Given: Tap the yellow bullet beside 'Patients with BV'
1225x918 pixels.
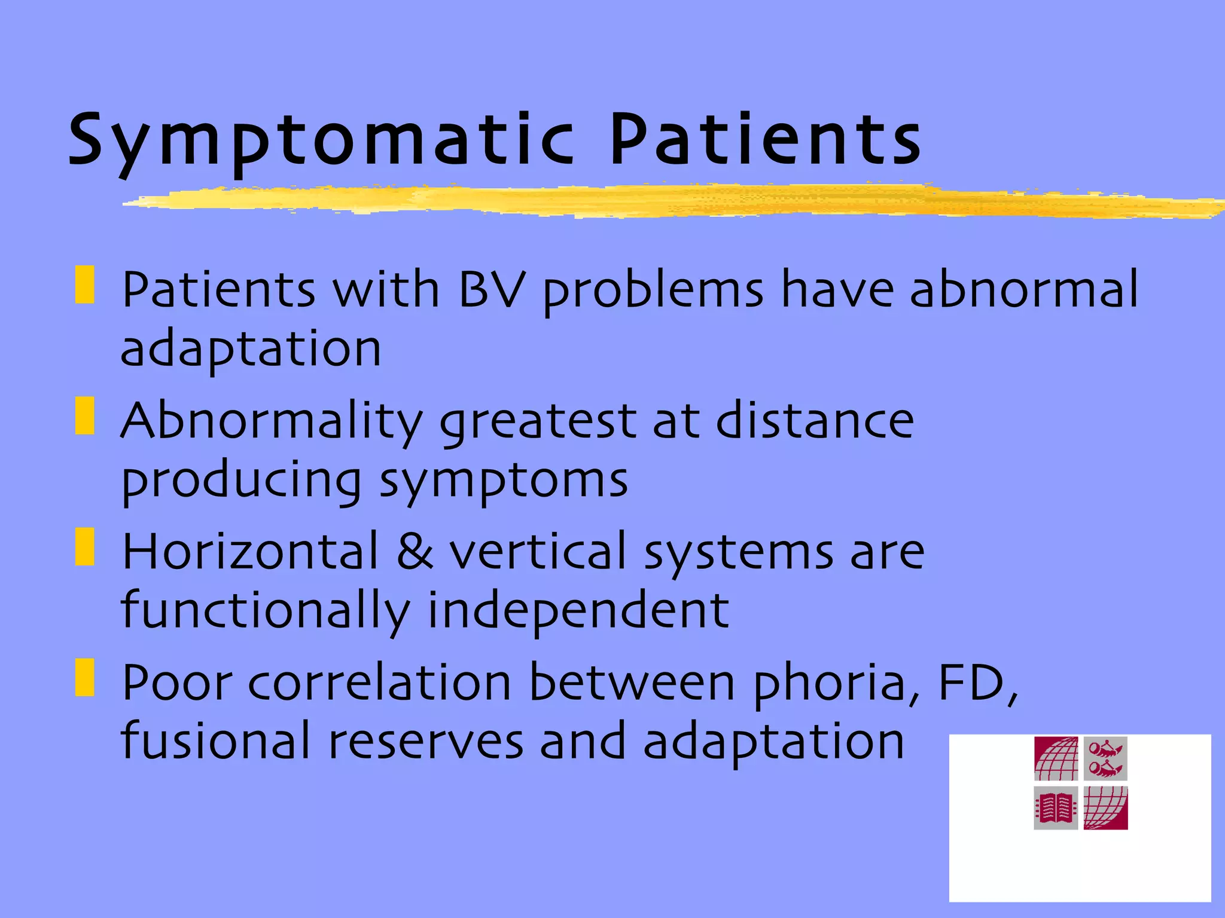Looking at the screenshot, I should (85, 285).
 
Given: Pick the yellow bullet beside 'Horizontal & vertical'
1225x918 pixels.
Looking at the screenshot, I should (85, 546).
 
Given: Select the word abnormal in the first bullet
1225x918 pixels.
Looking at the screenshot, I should (1024, 290).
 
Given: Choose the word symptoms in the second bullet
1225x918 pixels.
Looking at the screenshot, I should (504, 482).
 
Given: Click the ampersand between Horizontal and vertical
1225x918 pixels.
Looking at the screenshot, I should (414, 551).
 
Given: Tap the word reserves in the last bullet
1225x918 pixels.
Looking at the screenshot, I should (426, 742).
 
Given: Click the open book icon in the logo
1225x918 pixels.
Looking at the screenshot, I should (1056, 808).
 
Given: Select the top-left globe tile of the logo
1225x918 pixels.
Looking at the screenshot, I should (1056, 759).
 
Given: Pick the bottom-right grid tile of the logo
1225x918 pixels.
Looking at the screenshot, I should (1105, 808).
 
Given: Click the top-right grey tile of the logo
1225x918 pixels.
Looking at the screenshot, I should (1105, 759).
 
